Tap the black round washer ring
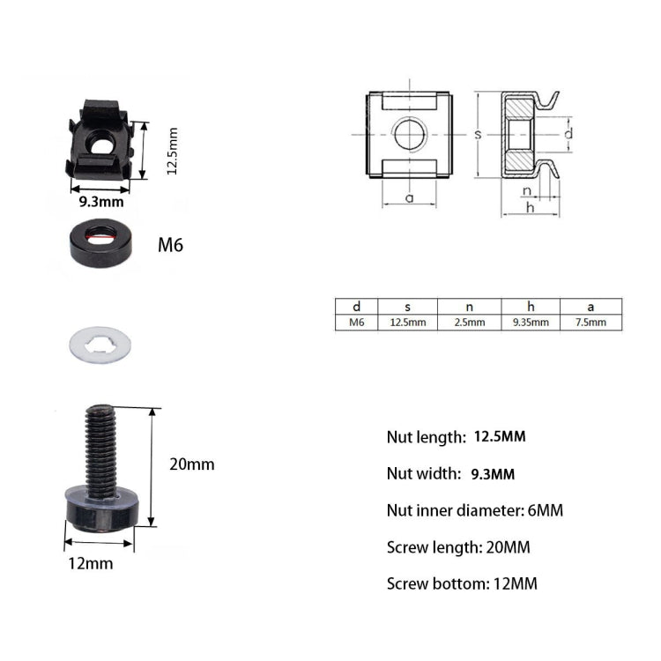point(102,243)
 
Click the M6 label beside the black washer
point(170,245)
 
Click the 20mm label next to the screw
point(193,464)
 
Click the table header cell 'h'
point(531,307)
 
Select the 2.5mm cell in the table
point(469,323)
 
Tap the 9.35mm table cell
point(531,323)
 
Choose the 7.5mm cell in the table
point(590,323)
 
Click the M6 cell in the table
point(356,323)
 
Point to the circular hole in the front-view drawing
point(409,134)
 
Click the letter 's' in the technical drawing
point(477,134)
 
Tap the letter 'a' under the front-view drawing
point(409,197)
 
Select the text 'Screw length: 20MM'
point(458,547)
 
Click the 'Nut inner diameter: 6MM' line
point(474,510)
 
